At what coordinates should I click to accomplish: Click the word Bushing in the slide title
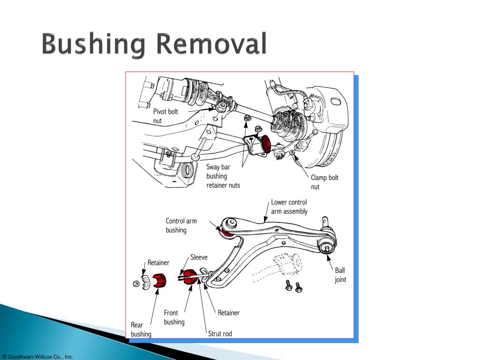click(x=93, y=46)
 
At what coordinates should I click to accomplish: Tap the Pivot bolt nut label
click(x=165, y=116)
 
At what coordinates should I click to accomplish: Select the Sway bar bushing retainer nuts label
click(x=223, y=176)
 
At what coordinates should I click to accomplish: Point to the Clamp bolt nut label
click(x=324, y=182)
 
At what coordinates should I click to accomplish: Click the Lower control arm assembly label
click(x=289, y=207)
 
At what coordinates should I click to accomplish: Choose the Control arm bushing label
click(x=181, y=225)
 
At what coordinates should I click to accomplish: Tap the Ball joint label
click(x=340, y=275)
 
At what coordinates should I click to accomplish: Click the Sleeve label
click(x=199, y=257)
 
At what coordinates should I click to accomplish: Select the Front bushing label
click(x=174, y=317)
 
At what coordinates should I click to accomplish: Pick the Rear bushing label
click(x=141, y=329)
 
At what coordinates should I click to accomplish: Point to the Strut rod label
click(x=220, y=334)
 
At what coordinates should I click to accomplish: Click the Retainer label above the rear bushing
click(x=158, y=262)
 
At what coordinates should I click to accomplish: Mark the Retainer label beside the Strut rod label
click(x=228, y=313)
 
